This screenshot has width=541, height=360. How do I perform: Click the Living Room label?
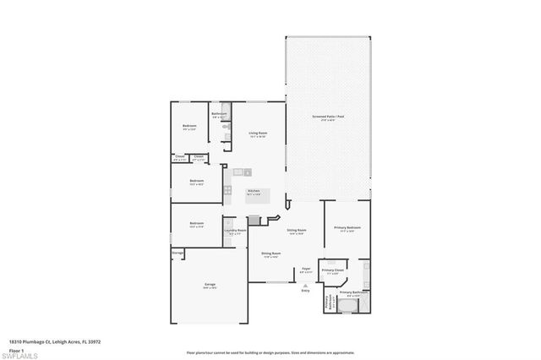258,133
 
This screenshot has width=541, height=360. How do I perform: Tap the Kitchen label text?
254,191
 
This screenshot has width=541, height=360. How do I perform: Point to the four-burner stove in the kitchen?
227,189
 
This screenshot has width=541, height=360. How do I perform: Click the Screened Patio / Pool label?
327,118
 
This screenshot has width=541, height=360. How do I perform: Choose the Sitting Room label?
297,230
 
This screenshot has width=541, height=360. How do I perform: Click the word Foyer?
306,269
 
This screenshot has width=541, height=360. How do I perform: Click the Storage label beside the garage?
178,252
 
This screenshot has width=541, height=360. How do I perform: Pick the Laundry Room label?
235,230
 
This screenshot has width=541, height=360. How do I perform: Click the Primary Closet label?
333,270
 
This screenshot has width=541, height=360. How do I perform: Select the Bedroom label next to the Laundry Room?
196,224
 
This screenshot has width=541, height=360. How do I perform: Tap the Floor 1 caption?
15,350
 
